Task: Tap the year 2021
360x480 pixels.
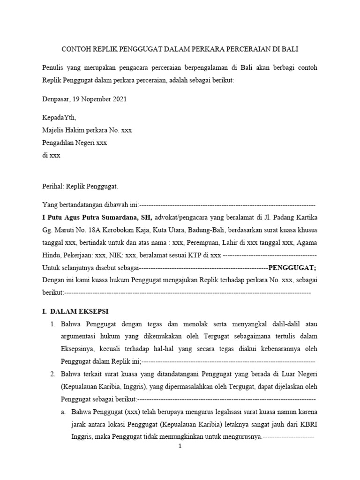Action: (118, 99)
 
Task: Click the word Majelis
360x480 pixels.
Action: (53, 130)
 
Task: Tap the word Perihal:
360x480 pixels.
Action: (53, 186)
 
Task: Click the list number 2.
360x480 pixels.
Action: (52, 374)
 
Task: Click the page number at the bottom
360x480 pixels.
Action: (180, 447)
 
